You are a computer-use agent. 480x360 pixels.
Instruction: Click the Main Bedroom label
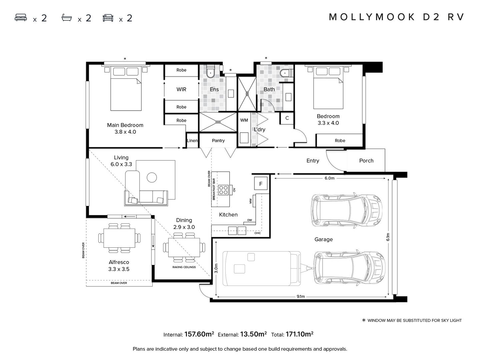[125, 125]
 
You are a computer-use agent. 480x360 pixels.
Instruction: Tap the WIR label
[181, 89]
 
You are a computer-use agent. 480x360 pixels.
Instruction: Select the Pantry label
[218, 141]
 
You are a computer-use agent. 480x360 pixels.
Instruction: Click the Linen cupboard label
[192, 141]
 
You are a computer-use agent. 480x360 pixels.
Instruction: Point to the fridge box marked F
[261, 184]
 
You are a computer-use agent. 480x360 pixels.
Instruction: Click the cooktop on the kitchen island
[223, 190]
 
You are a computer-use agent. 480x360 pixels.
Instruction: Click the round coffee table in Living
[152, 177]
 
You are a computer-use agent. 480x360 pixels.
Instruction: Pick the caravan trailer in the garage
[260, 268]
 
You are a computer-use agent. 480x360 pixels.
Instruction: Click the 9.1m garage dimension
[300, 296]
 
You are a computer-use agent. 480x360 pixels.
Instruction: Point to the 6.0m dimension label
[329, 178]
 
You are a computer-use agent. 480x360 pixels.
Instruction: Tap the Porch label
[366, 161]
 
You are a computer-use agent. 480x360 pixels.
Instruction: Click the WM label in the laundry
[244, 120]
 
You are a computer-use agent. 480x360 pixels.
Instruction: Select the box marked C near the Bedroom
[287, 118]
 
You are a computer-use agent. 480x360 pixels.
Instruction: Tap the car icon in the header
[108, 18]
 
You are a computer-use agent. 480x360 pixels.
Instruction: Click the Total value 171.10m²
[299, 334]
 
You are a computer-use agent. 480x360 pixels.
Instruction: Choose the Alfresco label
[119, 262]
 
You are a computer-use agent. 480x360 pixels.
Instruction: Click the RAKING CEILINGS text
[184, 267]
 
